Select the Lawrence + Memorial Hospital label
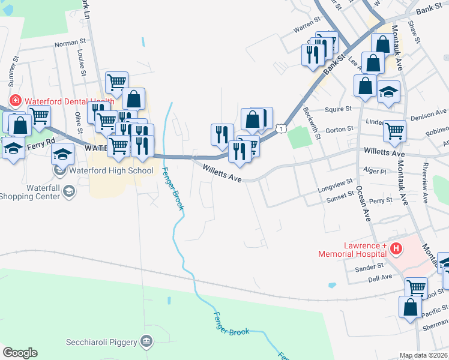(355, 250)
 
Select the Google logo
(20, 353)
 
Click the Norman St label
(67, 43)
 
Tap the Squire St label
(337, 109)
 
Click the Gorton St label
(337, 130)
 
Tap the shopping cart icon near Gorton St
(394, 130)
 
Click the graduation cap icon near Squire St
(389, 91)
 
